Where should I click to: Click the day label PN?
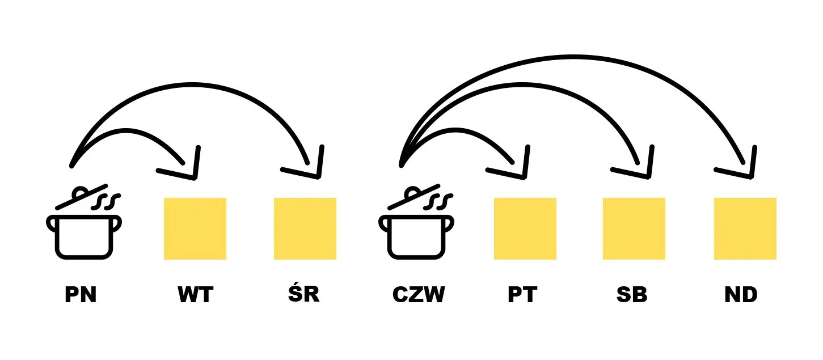pyautogui.click(x=80, y=295)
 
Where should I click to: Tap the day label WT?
pyautogui.click(x=195, y=295)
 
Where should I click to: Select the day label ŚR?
pyautogui.click(x=305, y=294)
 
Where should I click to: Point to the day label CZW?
pyautogui.click(x=419, y=295)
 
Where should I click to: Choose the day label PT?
pyautogui.click(x=522, y=295)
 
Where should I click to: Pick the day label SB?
pyautogui.click(x=632, y=295)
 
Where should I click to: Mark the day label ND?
pyautogui.click(x=741, y=295)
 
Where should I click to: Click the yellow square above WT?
pyautogui.click(x=195, y=228)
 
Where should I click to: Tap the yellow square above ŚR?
pyautogui.click(x=305, y=228)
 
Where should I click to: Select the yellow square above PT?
pyautogui.click(x=525, y=228)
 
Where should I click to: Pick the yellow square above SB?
pyautogui.click(x=634, y=228)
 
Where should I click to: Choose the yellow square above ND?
pyautogui.click(x=745, y=228)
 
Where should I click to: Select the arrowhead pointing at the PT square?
pyautogui.click(x=518, y=167)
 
